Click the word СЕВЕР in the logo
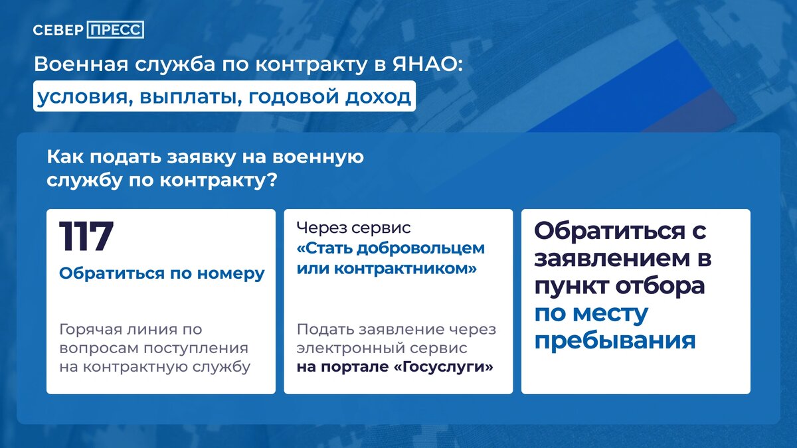[x=58, y=31]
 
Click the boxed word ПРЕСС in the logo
[x=115, y=31]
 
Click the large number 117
[x=86, y=236]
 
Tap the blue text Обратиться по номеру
[x=162, y=273]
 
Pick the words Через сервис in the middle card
[x=354, y=228]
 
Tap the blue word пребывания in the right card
[x=615, y=340]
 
